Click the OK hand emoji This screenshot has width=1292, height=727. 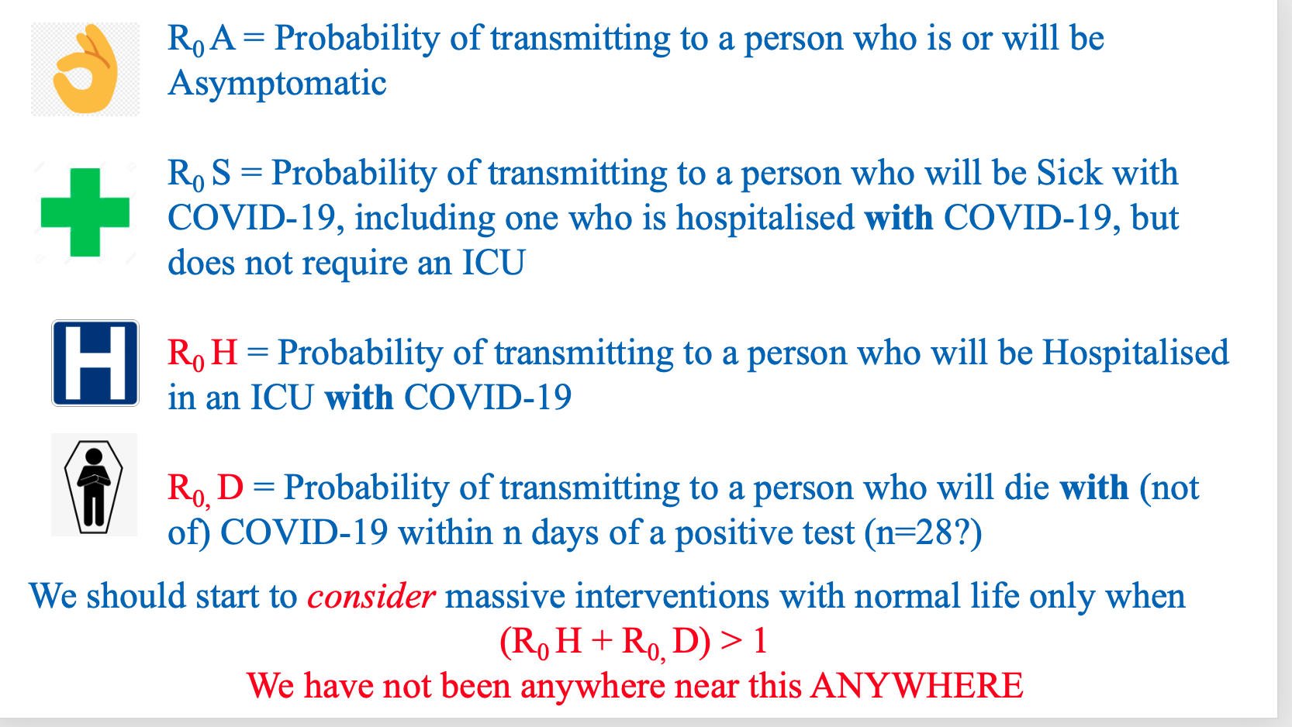coord(85,69)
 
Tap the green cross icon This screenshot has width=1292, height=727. coord(85,212)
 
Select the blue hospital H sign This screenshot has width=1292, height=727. coord(95,363)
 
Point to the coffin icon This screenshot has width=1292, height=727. coord(93,487)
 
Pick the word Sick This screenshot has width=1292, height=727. coord(1069,172)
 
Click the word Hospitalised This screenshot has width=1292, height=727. coord(1135,352)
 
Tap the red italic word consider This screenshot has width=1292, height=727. coord(371,597)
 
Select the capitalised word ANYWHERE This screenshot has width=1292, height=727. coord(917,685)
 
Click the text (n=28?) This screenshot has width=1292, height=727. coord(923,533)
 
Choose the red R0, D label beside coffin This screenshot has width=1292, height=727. coord(206,489)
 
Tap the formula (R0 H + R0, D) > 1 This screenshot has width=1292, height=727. coord(634,643)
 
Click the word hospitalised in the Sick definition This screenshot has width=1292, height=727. coord(765,219)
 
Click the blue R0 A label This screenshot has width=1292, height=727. coord(202,40)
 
